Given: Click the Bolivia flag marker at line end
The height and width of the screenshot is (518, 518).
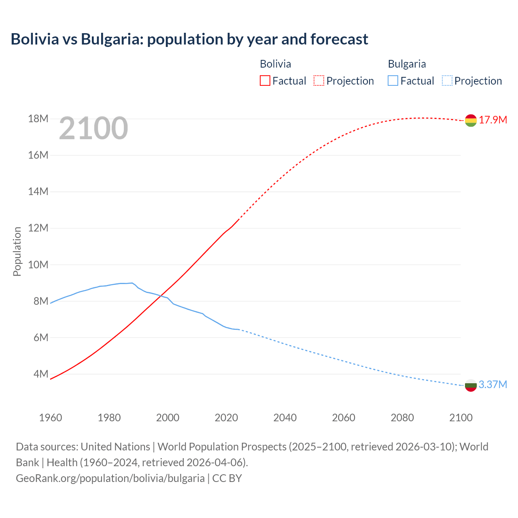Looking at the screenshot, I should click(x=471, y=120).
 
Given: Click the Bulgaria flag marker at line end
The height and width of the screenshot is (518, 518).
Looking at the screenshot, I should click(x=471, y=385).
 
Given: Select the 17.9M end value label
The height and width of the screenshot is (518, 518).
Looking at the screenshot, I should click(x=493, y=120).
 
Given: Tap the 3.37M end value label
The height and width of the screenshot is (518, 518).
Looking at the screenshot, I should click(x=493, y=384).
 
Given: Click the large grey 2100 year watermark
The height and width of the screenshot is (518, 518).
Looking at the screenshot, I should click(x=93, y=128).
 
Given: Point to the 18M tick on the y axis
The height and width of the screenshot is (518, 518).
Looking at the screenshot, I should click(x=38, y=119).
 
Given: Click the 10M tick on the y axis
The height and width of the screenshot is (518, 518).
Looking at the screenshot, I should click(x=38, y=265).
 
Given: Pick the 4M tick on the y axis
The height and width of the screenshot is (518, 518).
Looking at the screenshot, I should click(x=40, y=374).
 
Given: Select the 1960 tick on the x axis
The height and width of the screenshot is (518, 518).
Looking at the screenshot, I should click(x=51, y=418).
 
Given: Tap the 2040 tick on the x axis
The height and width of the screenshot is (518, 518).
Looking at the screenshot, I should click(x=285, y=418).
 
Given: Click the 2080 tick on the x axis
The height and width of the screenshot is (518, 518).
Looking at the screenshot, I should click(x=402, y=418).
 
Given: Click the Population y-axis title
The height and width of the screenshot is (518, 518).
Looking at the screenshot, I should click(x=17, y=251).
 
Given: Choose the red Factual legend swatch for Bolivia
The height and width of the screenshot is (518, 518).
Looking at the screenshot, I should click(x=265, y=81).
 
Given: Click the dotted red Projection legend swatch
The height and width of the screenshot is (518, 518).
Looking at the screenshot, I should click(x=319, y=81).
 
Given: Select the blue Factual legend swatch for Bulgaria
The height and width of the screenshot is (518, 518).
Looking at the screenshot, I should click(x=393, y=81).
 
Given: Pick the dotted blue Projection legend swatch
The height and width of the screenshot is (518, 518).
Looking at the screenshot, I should click(x=447, y=81).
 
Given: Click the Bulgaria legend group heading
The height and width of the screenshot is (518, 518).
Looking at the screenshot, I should click(x=407, y=64).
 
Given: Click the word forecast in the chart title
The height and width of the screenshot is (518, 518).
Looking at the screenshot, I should click(x=339, y=39).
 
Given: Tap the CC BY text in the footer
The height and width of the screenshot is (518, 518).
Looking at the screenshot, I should click(x=227, y=478).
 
